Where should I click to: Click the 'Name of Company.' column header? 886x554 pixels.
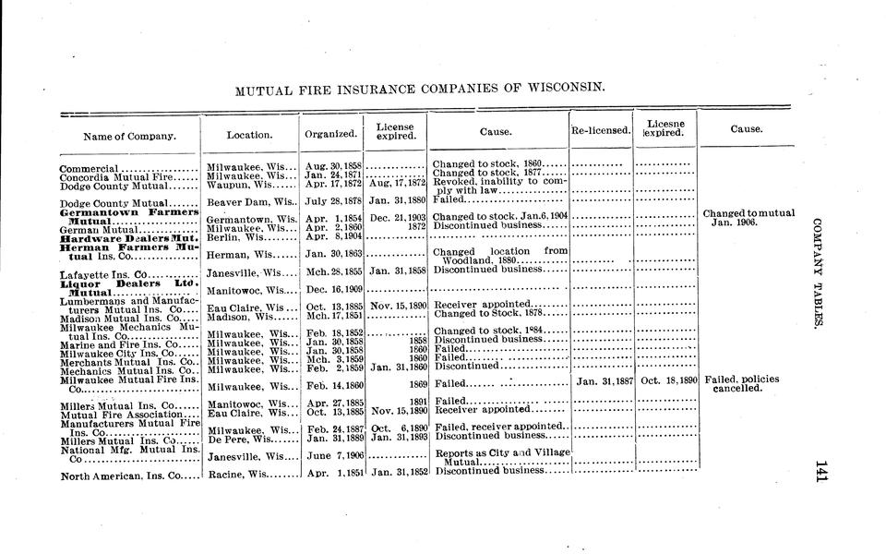point(129,136)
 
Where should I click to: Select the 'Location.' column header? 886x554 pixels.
point(249,135)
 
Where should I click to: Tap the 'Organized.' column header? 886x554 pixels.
point(330,135)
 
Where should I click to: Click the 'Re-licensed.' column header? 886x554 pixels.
point(601,131)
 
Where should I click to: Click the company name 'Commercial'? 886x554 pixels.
point(89,169)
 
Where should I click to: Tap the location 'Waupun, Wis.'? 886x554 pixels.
point(243,185)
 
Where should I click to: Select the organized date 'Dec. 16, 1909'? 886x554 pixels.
point(332,290)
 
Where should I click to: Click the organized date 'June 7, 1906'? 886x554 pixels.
point(332,456)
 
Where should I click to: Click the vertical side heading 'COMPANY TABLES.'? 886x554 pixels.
point(818,273)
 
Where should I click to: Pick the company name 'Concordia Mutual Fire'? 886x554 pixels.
point(111,176)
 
